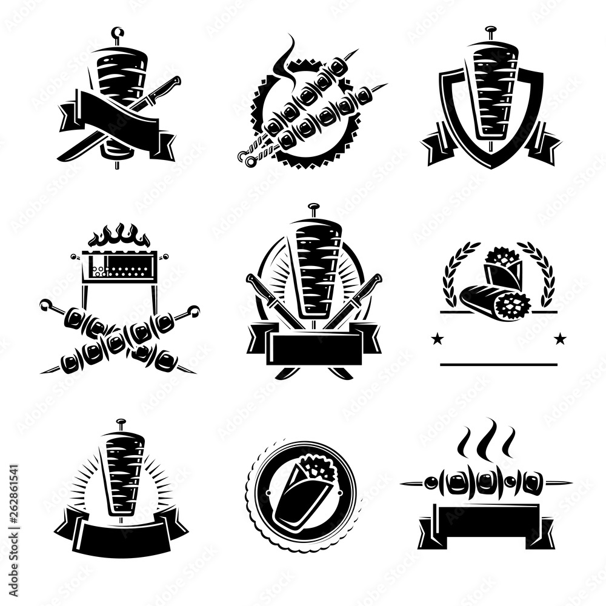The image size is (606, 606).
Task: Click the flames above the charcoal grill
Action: (119, 236)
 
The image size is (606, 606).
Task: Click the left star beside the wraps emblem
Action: (435, 338)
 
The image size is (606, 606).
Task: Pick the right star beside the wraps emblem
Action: (560, 338)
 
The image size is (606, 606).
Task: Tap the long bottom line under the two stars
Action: (498, 365)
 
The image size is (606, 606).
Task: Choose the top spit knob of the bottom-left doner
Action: (121, 422)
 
